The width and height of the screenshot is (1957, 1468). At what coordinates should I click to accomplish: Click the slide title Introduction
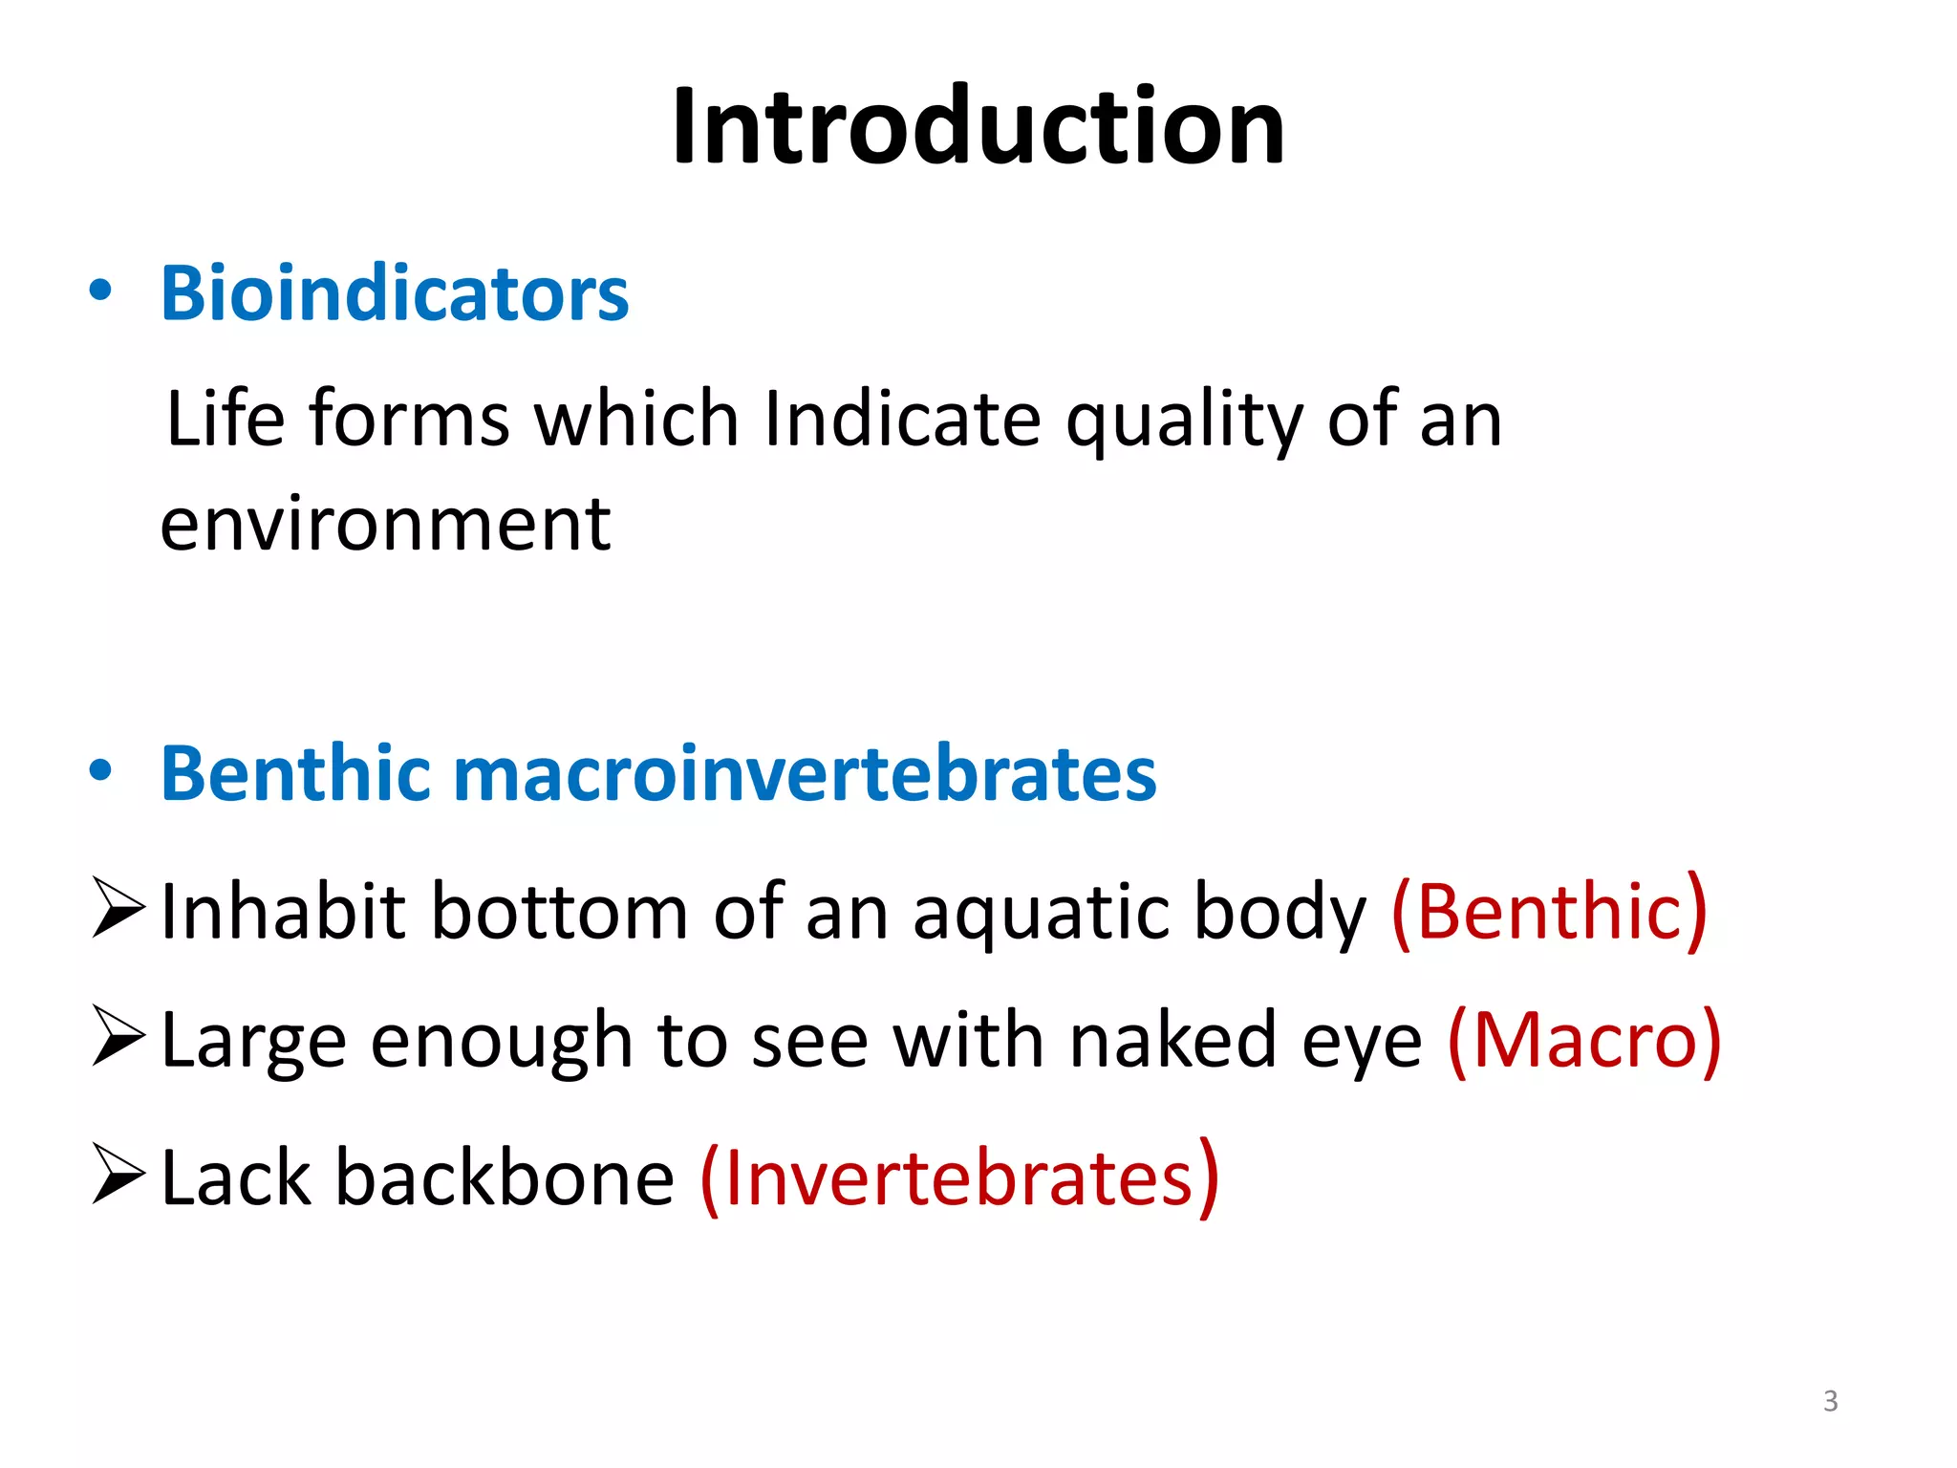click(978, 127)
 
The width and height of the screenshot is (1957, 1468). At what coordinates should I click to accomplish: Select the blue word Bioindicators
click(395, 293)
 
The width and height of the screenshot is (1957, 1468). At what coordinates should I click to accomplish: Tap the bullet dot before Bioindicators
click(100, 291)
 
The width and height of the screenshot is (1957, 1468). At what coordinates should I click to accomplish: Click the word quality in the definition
click(1184, 420)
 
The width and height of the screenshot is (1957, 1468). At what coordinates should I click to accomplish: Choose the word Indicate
click(902, 420)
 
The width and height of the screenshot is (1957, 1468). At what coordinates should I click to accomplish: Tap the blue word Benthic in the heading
click(295, 773)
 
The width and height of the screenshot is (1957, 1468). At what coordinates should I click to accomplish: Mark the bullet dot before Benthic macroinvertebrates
click(100, 770)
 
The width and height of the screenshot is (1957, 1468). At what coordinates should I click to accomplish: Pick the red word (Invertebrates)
click(959, 1177)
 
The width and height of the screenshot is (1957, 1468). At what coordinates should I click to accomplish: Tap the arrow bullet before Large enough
click(118, 1037)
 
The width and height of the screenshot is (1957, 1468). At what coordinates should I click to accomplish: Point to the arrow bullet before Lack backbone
click(118, 1175)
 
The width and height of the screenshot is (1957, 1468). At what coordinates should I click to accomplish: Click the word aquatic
click(1043, 913)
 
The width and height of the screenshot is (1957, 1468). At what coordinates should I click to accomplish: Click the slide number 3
click(1830, 1401)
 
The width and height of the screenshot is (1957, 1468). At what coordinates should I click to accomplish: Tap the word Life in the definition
click(226, 420)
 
